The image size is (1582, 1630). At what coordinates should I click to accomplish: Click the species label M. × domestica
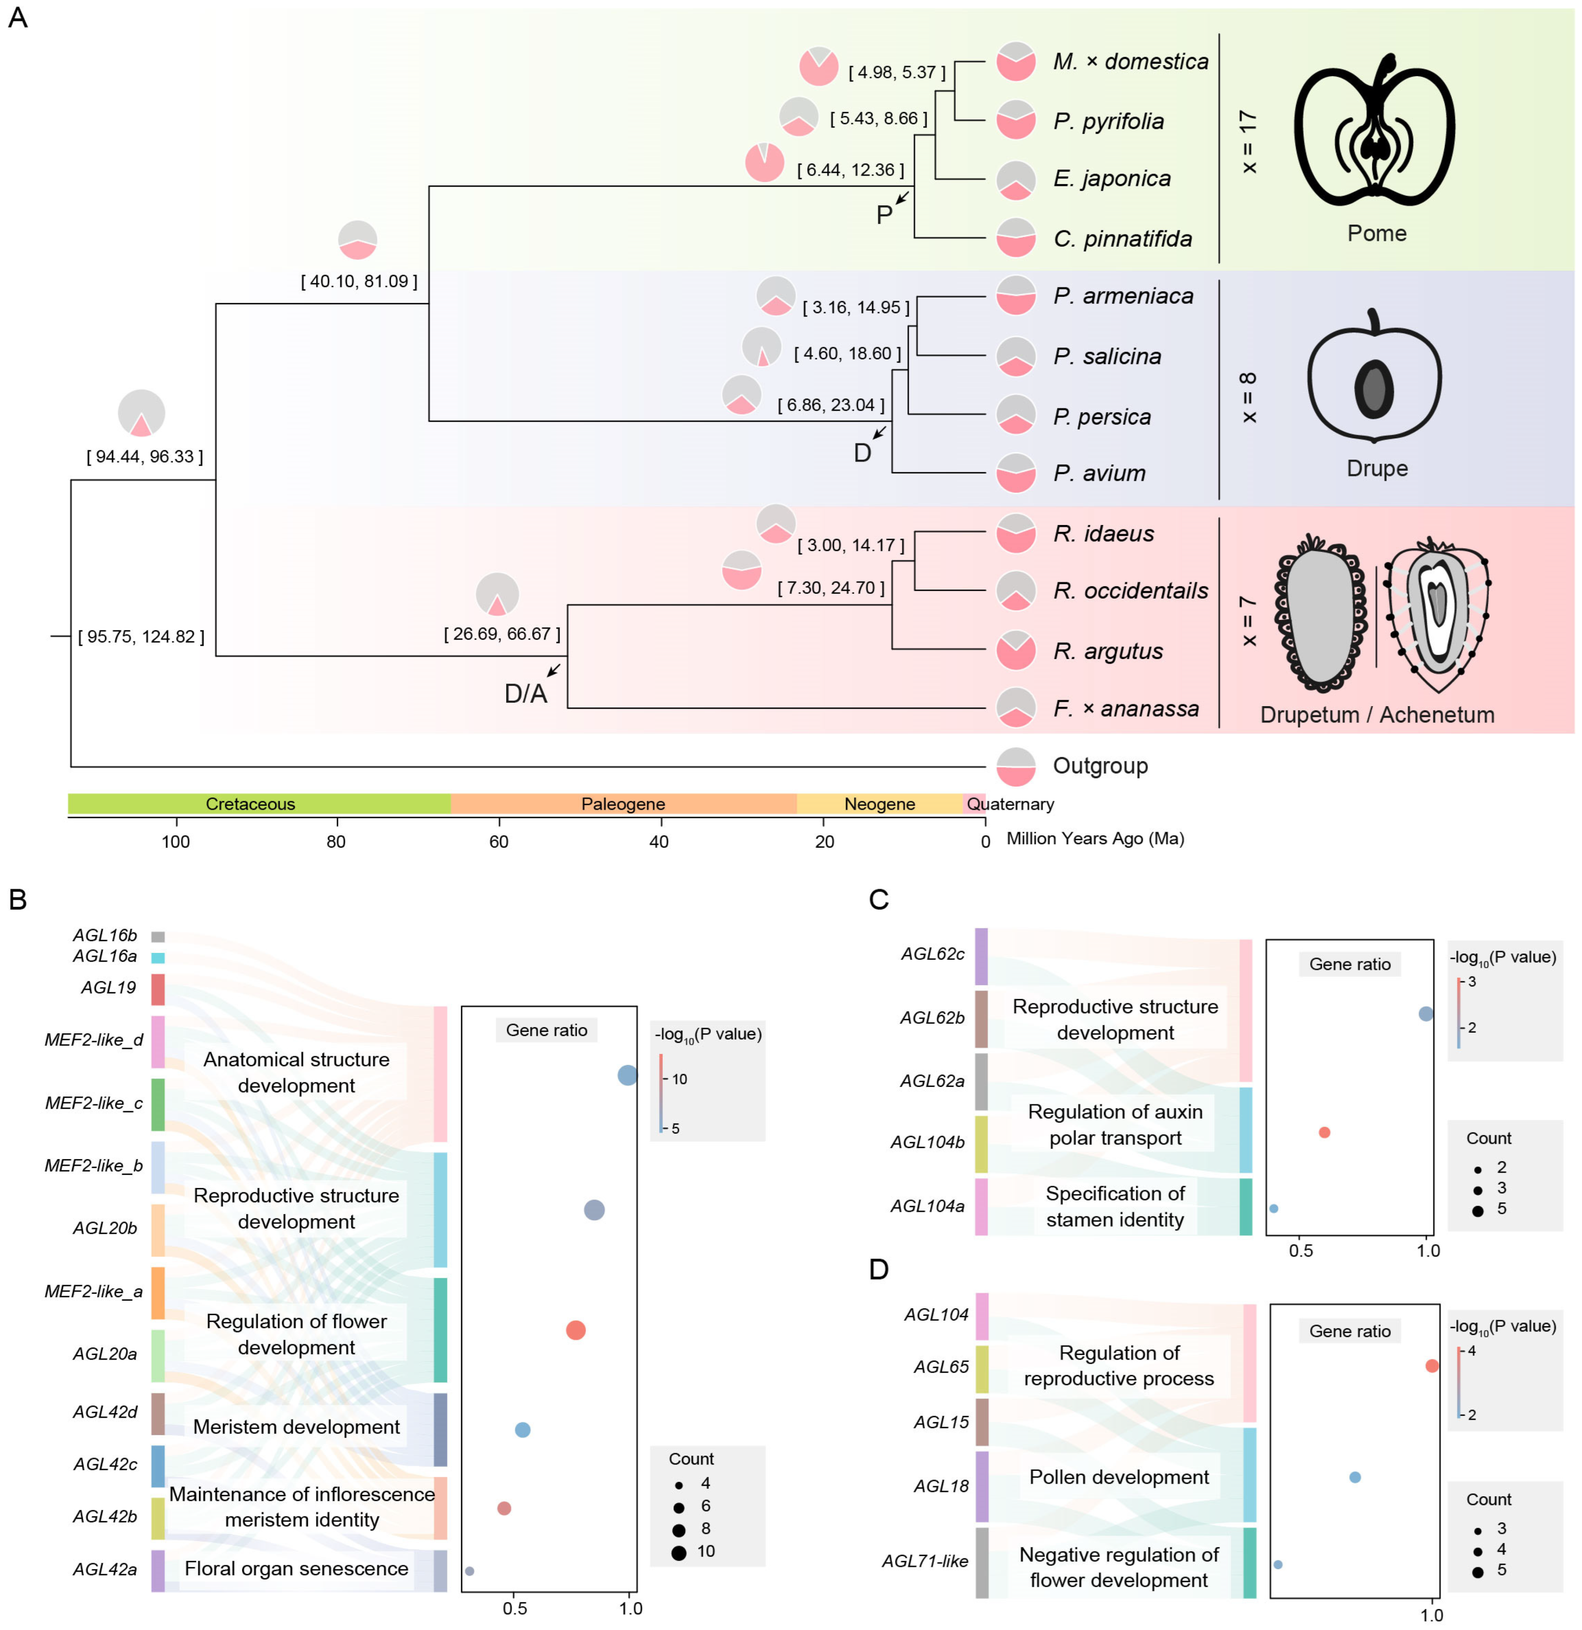pos(1129,62)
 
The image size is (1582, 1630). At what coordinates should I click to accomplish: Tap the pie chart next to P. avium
pos(1015,473)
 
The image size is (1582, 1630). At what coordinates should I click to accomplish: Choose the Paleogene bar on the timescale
pos(623,804)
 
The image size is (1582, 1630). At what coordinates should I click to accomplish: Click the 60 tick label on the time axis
pos(498,842)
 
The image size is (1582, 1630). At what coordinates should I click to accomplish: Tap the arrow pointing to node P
pos(902,196)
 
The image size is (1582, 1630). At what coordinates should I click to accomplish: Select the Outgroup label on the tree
pos(1100,766)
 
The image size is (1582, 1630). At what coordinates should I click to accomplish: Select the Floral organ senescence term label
pos(296,1568)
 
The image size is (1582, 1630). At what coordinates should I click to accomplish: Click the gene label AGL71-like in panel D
pos(925,1561)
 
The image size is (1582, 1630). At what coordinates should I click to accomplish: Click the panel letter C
pos(878,900)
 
